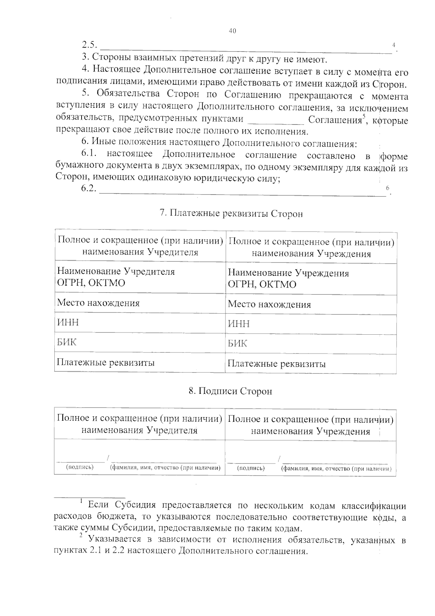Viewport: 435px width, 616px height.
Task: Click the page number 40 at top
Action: click(x=232, y=31)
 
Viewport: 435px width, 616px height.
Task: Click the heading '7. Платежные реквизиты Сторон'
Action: click(x=231, y=214)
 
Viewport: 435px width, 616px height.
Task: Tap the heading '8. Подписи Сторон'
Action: click(x=230, y=391)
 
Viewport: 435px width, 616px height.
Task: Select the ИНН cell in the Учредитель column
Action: click(x=68, y=322)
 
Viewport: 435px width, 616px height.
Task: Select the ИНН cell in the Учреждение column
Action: click(x=239, y=324)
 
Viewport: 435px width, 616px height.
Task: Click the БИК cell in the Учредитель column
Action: click(x=67, y=342)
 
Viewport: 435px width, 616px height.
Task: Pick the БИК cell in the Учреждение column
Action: click(x=238, y=343)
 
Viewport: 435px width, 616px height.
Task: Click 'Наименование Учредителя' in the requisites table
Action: click(x=116, y=272)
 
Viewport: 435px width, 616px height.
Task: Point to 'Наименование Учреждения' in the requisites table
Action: click(x=288, y=273)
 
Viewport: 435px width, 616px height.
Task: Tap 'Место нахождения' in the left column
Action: click(x=98, y=303)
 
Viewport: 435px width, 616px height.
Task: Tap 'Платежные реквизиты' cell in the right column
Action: click(x=276, y=364)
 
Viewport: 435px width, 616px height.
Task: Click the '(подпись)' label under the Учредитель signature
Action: click(x=80, y=467)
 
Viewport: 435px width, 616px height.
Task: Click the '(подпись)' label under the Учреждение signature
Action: click(x=250, y=468)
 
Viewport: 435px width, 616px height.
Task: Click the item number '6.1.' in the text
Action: click(x=89, y=154)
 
